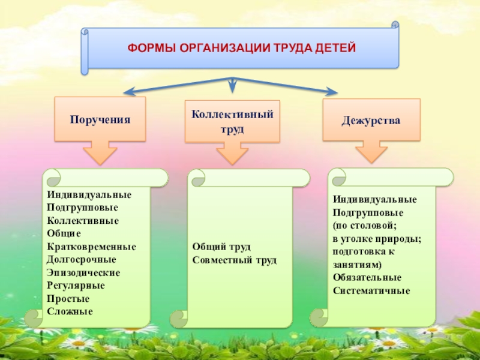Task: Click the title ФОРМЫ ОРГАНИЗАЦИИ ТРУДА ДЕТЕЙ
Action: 241,47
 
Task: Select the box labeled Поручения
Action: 100,119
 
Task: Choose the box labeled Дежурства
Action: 371,120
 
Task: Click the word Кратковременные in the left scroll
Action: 91,247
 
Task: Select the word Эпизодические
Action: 83,272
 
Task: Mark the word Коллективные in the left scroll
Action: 83,220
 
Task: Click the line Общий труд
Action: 221,247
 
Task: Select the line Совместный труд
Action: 235,260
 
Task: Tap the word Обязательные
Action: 367,278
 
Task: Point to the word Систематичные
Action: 371,291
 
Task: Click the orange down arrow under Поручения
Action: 100,152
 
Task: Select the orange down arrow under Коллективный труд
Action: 232,154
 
